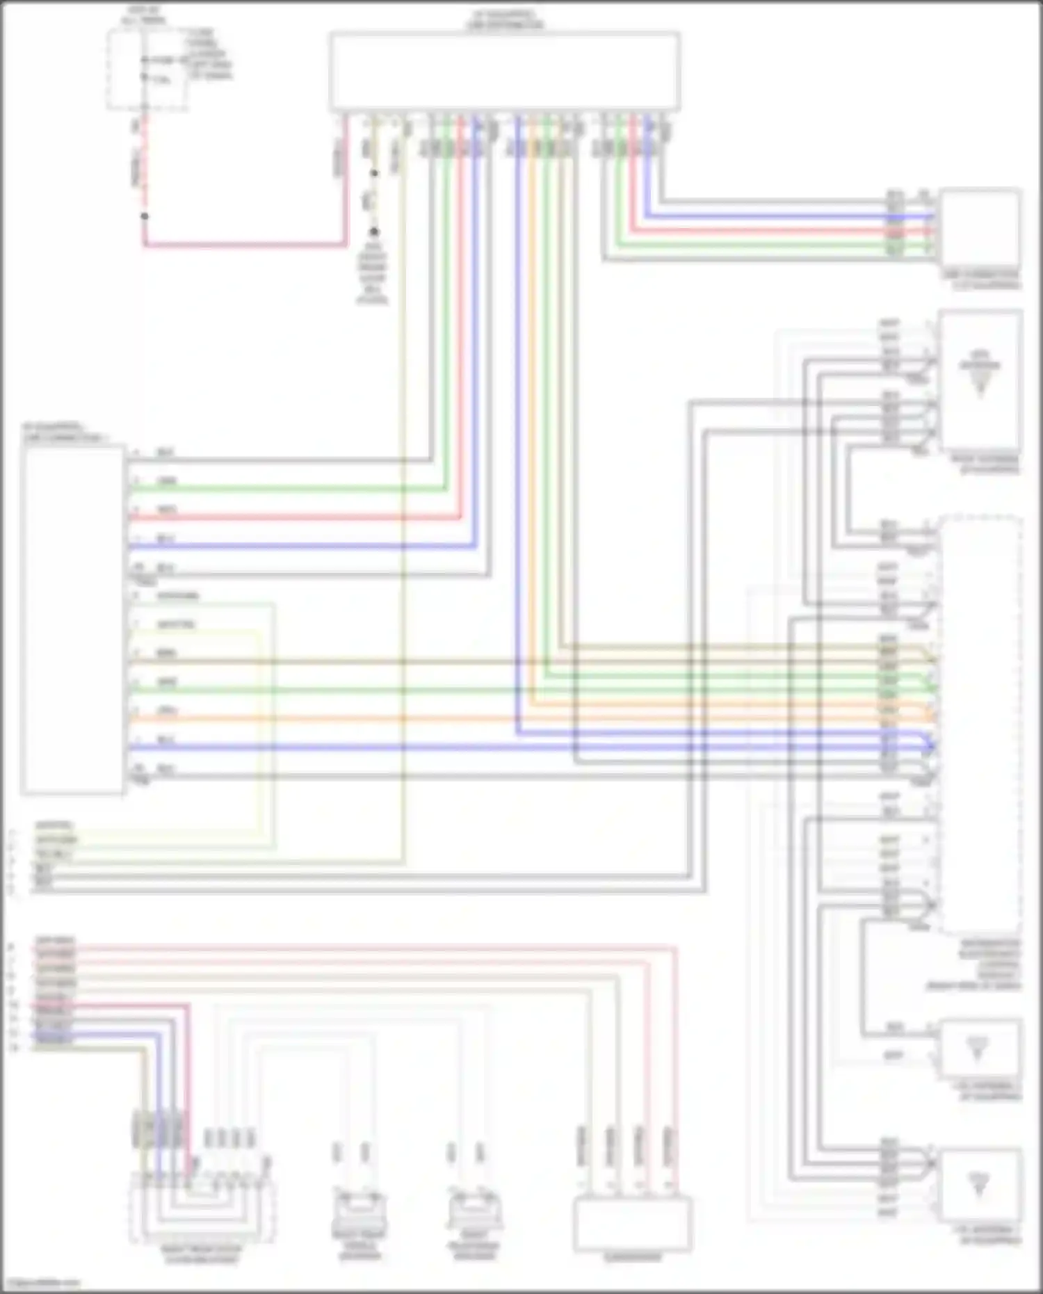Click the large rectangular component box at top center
505,71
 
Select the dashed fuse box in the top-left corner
147,70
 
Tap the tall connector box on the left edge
73,619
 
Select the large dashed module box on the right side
980,723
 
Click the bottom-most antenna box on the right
980,1185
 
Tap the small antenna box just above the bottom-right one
980,1050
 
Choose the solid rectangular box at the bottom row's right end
632,1223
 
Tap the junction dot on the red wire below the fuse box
145,216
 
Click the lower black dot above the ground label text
374,231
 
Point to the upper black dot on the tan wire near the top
374,173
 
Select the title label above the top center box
505,19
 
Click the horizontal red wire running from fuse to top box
243,245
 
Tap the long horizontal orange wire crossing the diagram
528,718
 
